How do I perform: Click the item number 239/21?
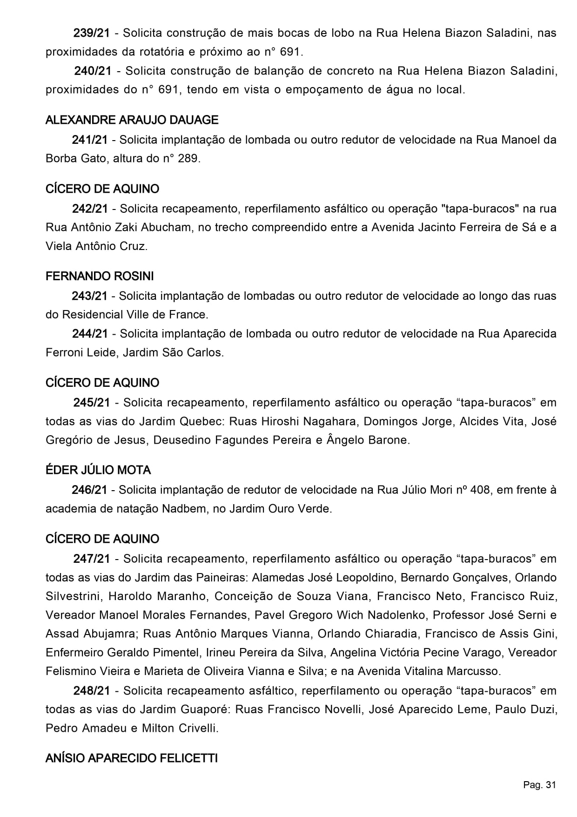92,33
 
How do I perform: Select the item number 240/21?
93,71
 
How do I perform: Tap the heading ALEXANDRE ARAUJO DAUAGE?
132,120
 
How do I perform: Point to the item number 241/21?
90,140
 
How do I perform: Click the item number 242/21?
90,209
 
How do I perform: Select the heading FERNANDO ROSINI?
100,276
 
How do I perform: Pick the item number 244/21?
90,333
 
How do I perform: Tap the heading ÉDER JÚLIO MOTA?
98,470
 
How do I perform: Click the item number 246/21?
89,490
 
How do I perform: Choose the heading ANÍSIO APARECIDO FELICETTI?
132,758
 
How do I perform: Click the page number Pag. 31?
539,785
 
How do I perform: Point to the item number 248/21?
92,690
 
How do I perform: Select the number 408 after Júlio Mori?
480,490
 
